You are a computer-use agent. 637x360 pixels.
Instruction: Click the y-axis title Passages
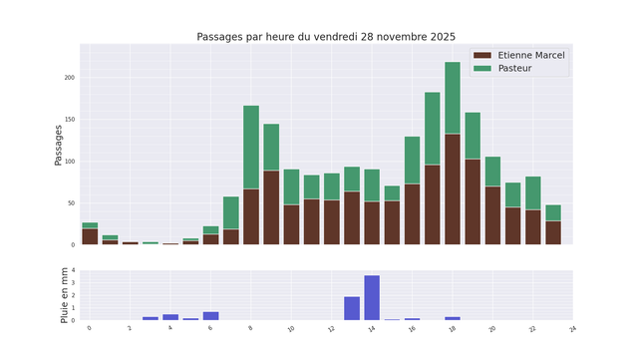[59, 145]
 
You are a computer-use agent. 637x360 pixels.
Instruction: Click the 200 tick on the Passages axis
[69, 78]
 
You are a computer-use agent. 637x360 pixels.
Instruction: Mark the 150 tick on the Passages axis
[69, 120]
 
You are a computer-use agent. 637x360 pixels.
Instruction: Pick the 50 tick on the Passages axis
[70, 203]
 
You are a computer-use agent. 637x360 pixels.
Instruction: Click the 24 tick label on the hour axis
[572, 328]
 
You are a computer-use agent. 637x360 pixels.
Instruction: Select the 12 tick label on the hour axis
[331, 328]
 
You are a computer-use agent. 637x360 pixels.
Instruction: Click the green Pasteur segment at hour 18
[453, 98]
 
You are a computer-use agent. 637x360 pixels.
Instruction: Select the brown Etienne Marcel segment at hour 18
[453, 189]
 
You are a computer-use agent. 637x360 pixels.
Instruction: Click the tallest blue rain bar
[372, 297]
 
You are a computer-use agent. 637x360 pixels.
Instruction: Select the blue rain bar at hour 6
[210, 316]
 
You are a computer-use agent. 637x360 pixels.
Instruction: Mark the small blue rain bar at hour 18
[453, 318]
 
